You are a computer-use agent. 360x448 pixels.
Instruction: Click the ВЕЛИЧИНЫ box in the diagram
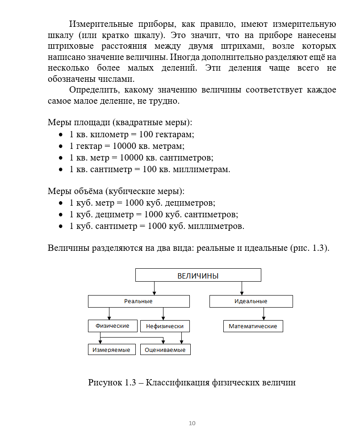click(198, 275)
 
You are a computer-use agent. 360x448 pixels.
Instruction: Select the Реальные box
click(138, 301)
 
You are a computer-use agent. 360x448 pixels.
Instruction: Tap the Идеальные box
click(251, 301)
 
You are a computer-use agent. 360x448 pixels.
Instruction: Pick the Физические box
click(113, 326)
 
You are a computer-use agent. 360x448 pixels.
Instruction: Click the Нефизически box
click(165, 326)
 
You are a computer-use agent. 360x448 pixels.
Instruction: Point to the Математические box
click(253, 326)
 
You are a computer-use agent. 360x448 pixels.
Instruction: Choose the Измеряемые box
click(111, 350)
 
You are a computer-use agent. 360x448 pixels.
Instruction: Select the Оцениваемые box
click(165, 350)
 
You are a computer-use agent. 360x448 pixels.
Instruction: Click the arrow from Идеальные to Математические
click(264, 314)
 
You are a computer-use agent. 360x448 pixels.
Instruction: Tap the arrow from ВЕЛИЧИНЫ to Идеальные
click(242, 288)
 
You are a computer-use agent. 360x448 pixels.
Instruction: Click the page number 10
click(192, 423)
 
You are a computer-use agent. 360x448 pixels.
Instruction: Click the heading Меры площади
click(79, 122)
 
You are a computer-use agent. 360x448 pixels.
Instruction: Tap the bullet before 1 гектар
click(61, 146)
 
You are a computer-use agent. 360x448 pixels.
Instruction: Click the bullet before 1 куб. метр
click(61, 203)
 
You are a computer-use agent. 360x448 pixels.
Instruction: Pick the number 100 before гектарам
click(146, 134)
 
